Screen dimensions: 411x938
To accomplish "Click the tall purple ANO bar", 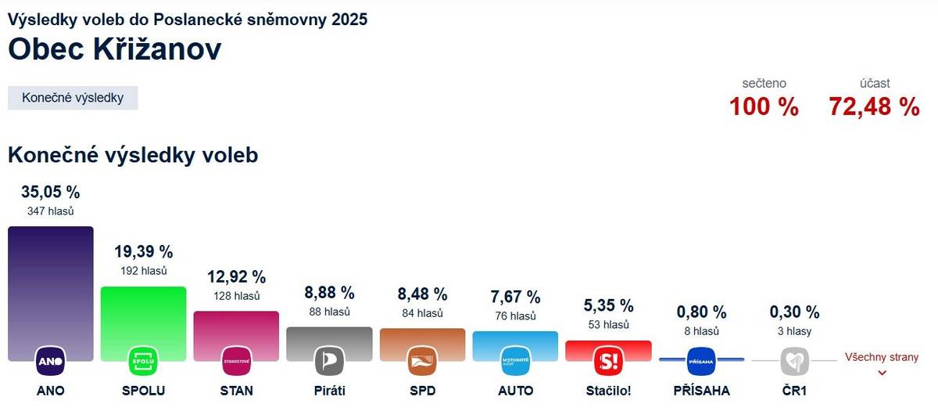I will [50, 282].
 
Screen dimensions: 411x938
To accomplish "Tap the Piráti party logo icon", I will [329, 361].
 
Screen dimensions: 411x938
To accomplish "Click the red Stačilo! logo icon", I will [608, 361].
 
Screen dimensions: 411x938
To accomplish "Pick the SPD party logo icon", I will [422, 361].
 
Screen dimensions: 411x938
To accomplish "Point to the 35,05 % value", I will [50, 192].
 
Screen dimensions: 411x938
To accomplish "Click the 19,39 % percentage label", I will [143, 252].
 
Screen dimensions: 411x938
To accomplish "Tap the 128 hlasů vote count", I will [236, 296].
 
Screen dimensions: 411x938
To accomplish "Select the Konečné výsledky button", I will [73, 98].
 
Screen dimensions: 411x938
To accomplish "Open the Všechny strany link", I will [882, 358].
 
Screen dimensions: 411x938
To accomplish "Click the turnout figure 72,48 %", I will [874, 106].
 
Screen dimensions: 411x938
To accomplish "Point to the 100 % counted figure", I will [764, 106].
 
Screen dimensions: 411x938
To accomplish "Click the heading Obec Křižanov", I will [114, 49].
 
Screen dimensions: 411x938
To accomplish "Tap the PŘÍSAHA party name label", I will [701, 390].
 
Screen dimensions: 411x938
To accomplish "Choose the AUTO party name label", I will [515, 390].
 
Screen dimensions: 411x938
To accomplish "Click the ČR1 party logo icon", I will [794, 361].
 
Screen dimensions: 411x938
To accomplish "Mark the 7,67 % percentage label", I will [515, 297].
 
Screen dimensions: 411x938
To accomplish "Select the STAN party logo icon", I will [236, 361].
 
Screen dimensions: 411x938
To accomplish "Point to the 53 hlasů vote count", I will [608, 324].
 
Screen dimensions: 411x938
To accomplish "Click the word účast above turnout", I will [874, 83].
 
